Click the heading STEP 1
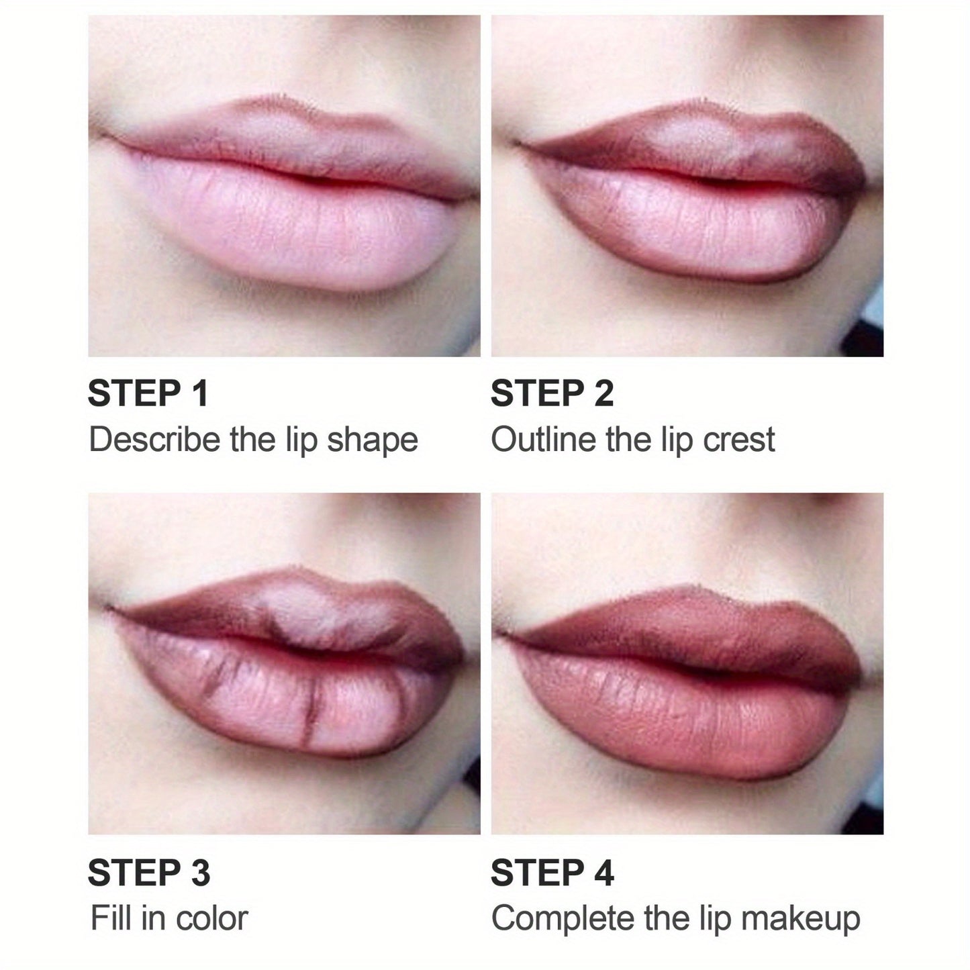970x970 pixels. [x=148, y=393]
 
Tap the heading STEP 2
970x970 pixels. [x=552, y=393]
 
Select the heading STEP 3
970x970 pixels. [x=149, y=873]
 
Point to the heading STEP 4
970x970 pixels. [x=552, y=873]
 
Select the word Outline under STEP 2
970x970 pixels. [x=544, y=440]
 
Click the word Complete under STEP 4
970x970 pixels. [x=563, y=919]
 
